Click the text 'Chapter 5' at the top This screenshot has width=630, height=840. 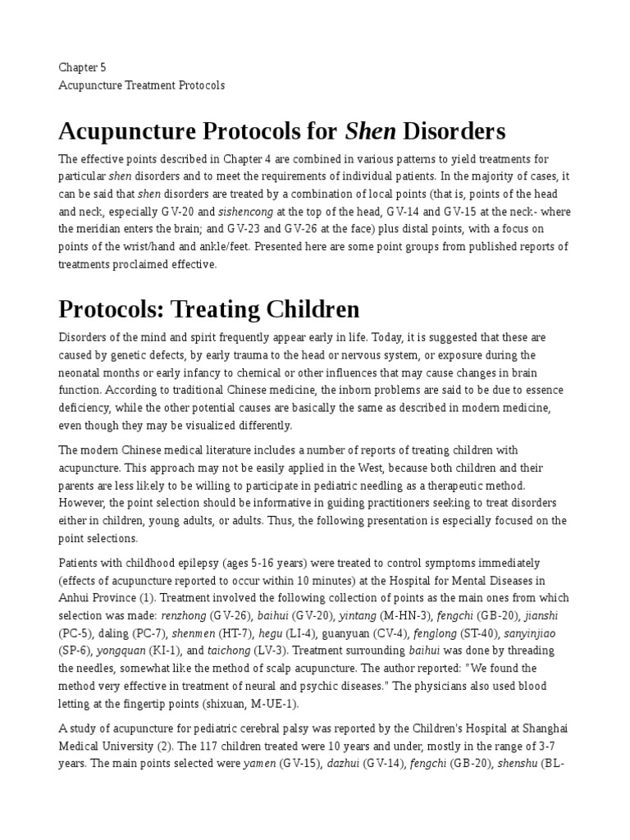[x=82, y=66]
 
